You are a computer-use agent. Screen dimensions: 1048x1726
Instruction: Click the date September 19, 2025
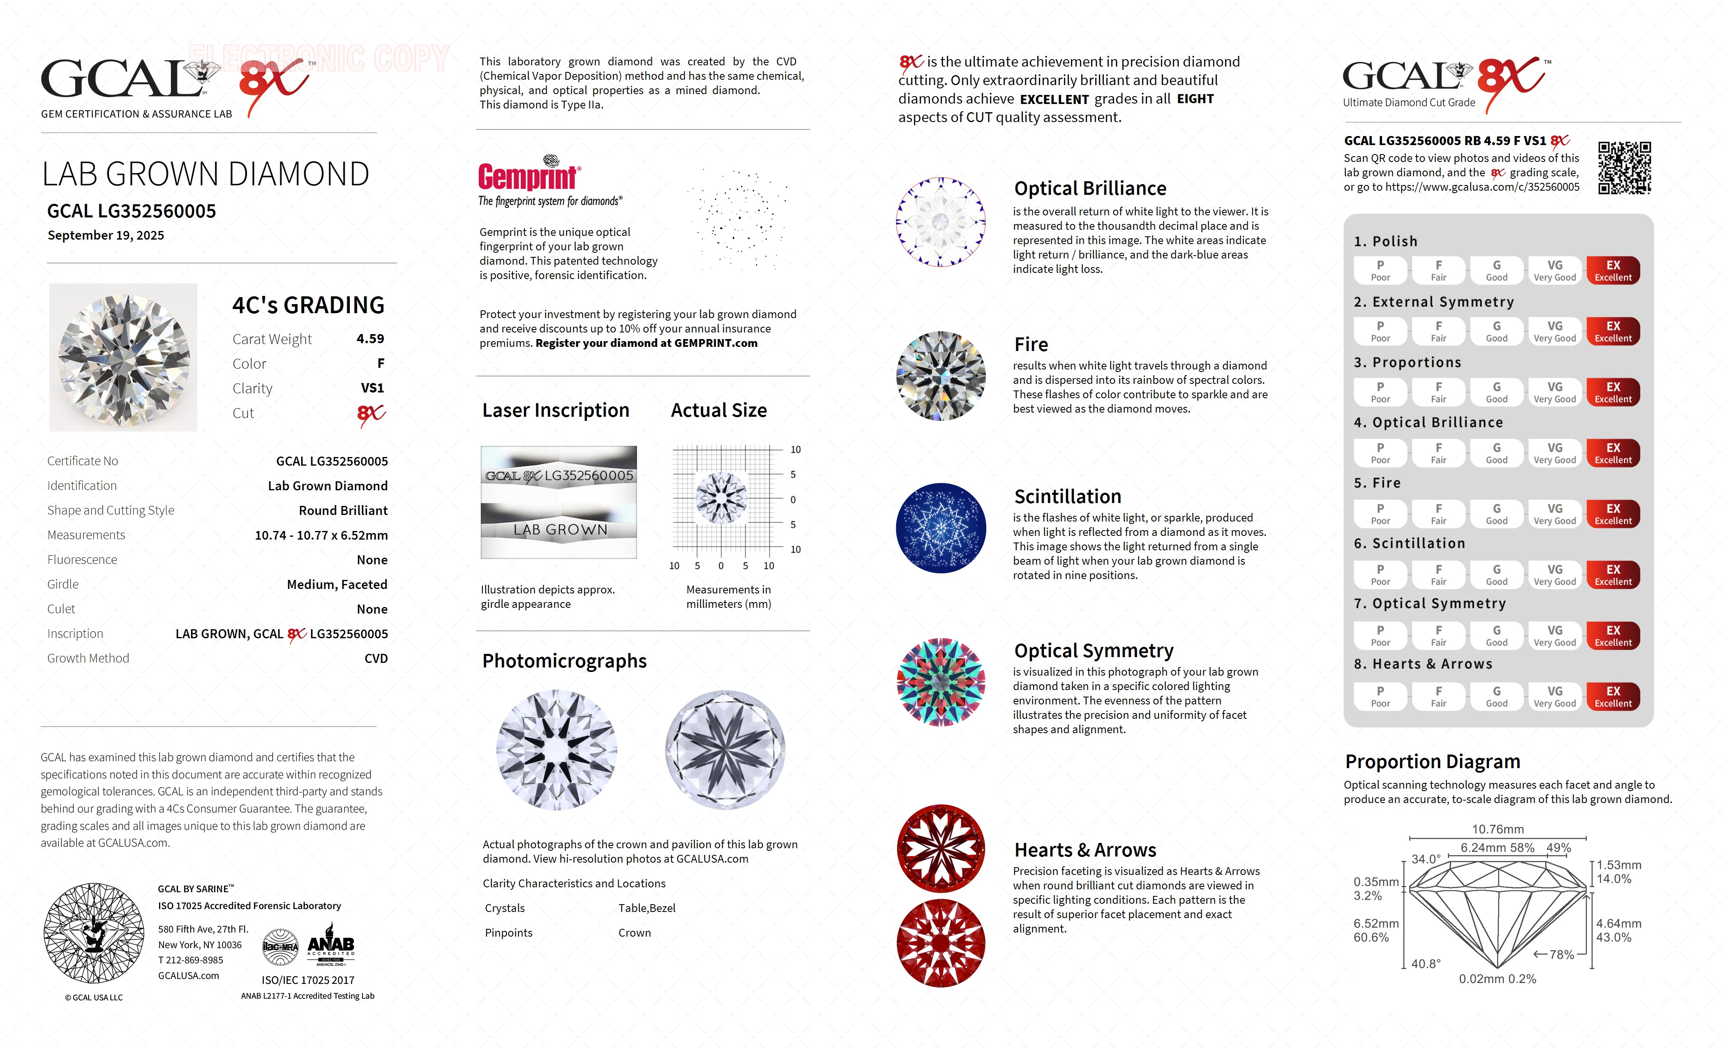tap(106, 235)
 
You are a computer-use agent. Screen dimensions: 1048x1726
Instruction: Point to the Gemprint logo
tap(529, 175)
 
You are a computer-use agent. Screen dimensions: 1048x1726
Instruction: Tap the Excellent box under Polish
tap(1613, 270)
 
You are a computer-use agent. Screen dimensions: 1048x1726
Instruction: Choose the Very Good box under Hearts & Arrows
tap(1554, 696)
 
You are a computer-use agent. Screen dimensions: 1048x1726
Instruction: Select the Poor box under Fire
tap(1380, 513)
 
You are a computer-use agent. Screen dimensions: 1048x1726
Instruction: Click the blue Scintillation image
tap(941, 528)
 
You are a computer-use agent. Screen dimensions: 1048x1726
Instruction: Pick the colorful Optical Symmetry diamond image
tap(941, 682)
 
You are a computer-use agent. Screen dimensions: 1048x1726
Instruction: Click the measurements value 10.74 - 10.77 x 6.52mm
tap(321, 535)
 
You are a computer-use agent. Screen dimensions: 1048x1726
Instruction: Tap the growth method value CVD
tap(376, 658)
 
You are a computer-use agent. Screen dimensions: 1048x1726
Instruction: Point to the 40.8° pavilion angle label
tap(1426, 964)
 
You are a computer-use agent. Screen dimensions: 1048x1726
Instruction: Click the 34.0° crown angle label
tap(1426, 859)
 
